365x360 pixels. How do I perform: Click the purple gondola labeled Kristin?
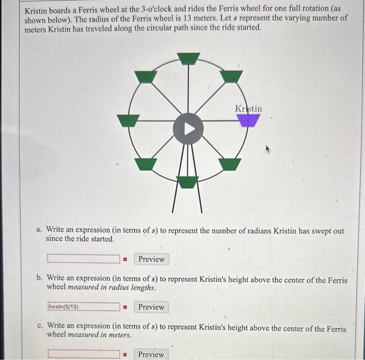point(248,121)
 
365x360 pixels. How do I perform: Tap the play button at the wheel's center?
point(188,128)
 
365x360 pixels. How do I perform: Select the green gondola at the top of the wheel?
point(188,58)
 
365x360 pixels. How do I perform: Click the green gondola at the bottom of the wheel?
point(188,182)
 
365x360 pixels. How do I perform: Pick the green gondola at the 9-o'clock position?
point(128,121)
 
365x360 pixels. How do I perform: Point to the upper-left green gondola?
point(145,77)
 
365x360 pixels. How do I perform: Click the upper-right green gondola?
point(230,76)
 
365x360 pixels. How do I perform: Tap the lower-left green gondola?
point(145,164)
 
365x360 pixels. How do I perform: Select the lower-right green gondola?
point(230,164)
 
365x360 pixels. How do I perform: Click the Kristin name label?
point(249,109)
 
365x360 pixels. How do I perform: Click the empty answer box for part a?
point(83,259)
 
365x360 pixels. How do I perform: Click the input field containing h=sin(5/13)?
point(83,307)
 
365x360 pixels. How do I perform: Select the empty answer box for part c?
point(83,354)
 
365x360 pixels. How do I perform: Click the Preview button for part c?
point(151,354)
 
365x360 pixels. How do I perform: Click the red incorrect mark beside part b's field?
point(125,307)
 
